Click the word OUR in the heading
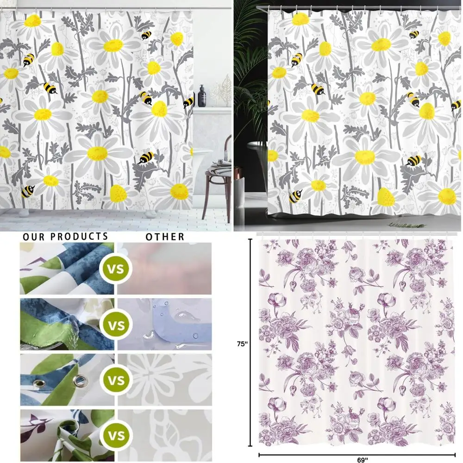pyautogui.click(x=35, y=237)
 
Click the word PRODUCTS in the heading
pyautogui.click(x=79, y=237)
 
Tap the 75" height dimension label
pyautogui.click(x=243, y=344)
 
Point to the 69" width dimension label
pyautogui.click(x=363, y=459)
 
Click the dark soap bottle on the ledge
pyautogui.click(x=202, y=96)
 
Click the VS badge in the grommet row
pyautogui.click(x=117, y=381)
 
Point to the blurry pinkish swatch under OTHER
pyautogui.click(x=165, y=269)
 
